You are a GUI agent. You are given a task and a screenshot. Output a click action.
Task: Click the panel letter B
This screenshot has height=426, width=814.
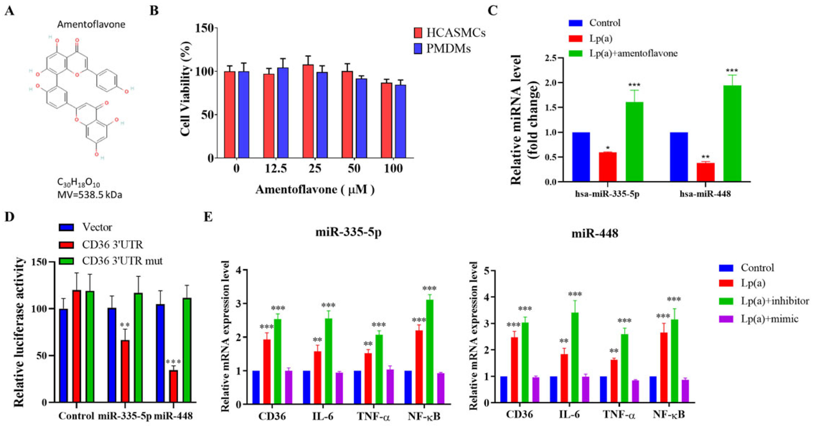point(154,11)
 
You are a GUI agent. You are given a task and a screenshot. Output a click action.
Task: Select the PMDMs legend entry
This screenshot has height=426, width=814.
point(442,49)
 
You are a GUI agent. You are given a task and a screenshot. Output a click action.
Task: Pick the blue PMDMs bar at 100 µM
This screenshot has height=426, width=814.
point(400,121)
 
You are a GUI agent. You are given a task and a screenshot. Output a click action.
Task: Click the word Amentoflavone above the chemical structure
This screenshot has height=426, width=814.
point(91,24)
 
